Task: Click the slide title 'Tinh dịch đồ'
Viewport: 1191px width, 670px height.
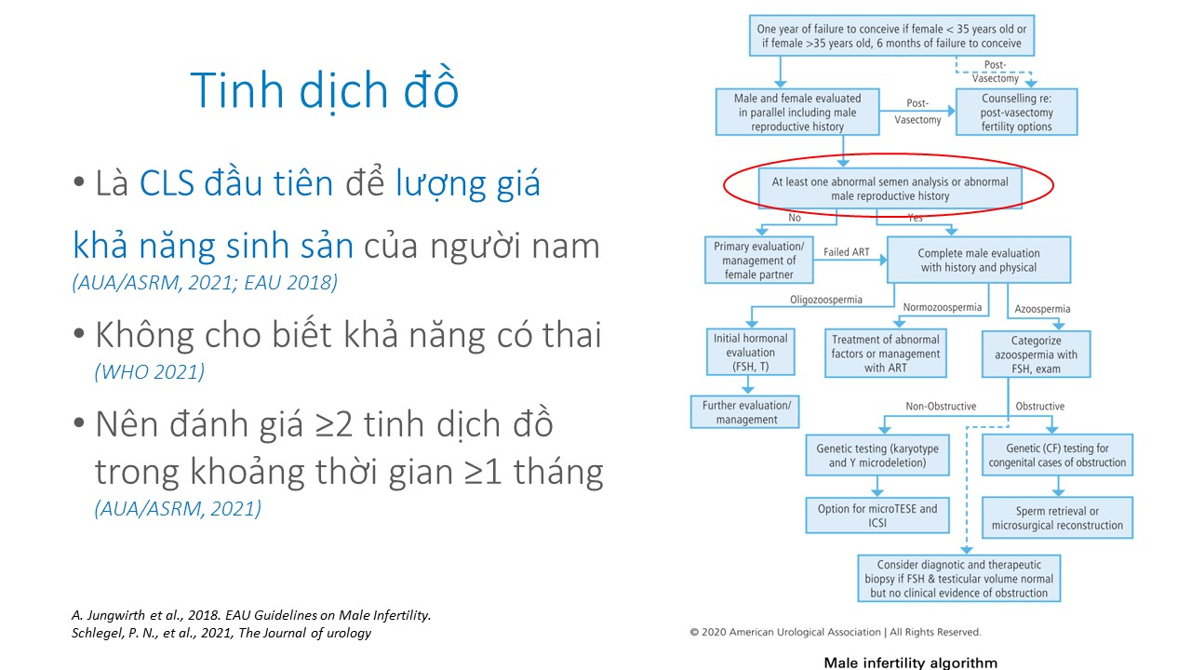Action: [325, 90]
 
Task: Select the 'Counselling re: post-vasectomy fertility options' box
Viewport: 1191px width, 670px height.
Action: [1017, 113]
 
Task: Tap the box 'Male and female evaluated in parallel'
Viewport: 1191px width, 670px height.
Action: [797, 113]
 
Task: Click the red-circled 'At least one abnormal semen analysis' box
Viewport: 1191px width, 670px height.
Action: [890, 189]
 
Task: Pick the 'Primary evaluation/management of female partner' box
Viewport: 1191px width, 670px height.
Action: [758, 260]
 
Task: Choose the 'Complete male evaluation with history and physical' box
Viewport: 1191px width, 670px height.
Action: [978, 260]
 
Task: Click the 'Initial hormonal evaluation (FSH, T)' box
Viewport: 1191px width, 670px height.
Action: [750, 352]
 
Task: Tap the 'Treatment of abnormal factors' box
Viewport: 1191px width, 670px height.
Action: [885, 353]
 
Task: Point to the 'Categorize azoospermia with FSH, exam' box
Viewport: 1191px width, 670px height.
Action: [1036, 355]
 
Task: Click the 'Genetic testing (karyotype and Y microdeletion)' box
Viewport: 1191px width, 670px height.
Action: [877, 455]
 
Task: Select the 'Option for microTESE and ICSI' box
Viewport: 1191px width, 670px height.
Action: [877, 516]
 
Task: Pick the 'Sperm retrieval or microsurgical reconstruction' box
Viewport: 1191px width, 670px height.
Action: [1057, 518]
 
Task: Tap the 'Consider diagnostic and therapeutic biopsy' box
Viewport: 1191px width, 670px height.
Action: [958, 579]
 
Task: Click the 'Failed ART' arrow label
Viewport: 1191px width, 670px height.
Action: [846, 252]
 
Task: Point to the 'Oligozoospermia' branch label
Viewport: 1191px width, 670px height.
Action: [825, 300]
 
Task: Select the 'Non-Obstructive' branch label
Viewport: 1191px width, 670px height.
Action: [941, 407]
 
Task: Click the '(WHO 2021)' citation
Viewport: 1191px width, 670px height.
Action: [150, 371]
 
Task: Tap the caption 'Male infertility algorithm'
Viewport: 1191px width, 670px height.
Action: [910, 663]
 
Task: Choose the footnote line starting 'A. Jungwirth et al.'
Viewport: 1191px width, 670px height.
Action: [251, 615]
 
